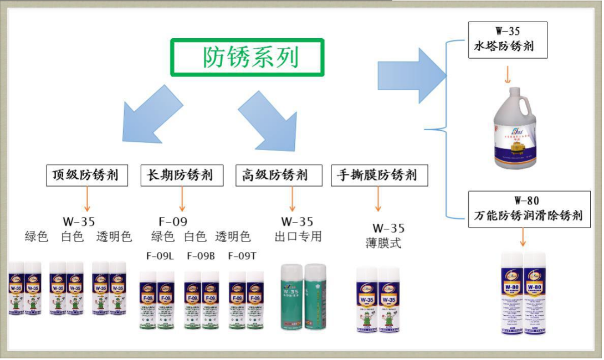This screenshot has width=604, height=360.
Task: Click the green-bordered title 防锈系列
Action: pyautogui.click(x=247, y=58)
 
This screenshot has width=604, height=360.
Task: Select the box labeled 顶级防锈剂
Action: pyautogui.click(x=86, y=176)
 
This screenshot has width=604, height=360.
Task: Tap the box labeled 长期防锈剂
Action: pyautogui.click(x=181, y=176)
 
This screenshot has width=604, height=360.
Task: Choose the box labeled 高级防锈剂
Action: pyautogui.click(x=276, y=176)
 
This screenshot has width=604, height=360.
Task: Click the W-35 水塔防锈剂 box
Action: pyautogui.click(x=507, y=40)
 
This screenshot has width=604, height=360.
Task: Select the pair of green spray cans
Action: pyautogui.click(x=304, y=296)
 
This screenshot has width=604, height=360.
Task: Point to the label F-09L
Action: pyautogui.click(x=160, y=256)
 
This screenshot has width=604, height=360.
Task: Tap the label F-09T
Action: pyautogui.click(x=242, y=256)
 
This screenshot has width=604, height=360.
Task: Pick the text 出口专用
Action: pyautogui.click(x=298, y=237)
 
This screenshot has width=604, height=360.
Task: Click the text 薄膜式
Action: pyautogui.click(x=383, y=243)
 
